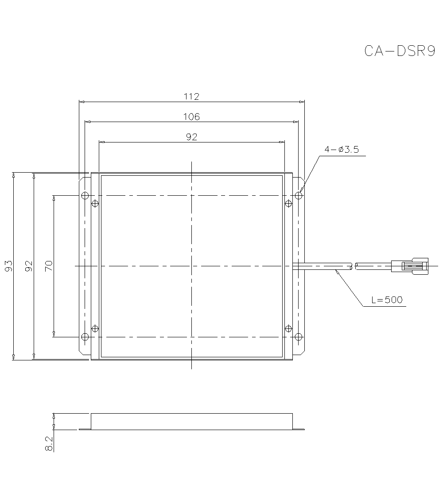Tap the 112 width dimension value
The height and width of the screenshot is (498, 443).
pos(191,96)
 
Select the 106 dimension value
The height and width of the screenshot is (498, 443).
pos(191,117)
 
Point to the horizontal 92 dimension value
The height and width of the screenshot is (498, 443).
pos(191,137)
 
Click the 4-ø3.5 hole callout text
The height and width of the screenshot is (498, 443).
pos(342,150)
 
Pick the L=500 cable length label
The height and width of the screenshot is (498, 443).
pos(387,300)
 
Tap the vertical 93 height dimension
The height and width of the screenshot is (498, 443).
pos(8,266)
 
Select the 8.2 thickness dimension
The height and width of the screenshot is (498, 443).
pos(49,444)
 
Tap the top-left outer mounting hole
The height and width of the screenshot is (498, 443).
pos(85,196)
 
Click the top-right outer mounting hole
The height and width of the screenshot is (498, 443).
pos(299,196)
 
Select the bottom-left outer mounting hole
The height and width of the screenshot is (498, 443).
pos(85,337)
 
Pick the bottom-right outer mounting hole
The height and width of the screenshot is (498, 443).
pos(299,337)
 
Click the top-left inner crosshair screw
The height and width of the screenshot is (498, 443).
pos(94,204)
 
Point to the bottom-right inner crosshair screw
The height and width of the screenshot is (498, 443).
pos(289,328)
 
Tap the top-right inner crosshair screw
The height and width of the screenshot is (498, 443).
pos(289,204)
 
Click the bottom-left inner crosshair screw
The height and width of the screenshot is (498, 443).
pos(94,328)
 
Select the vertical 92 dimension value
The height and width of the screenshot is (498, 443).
pos(29,266)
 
